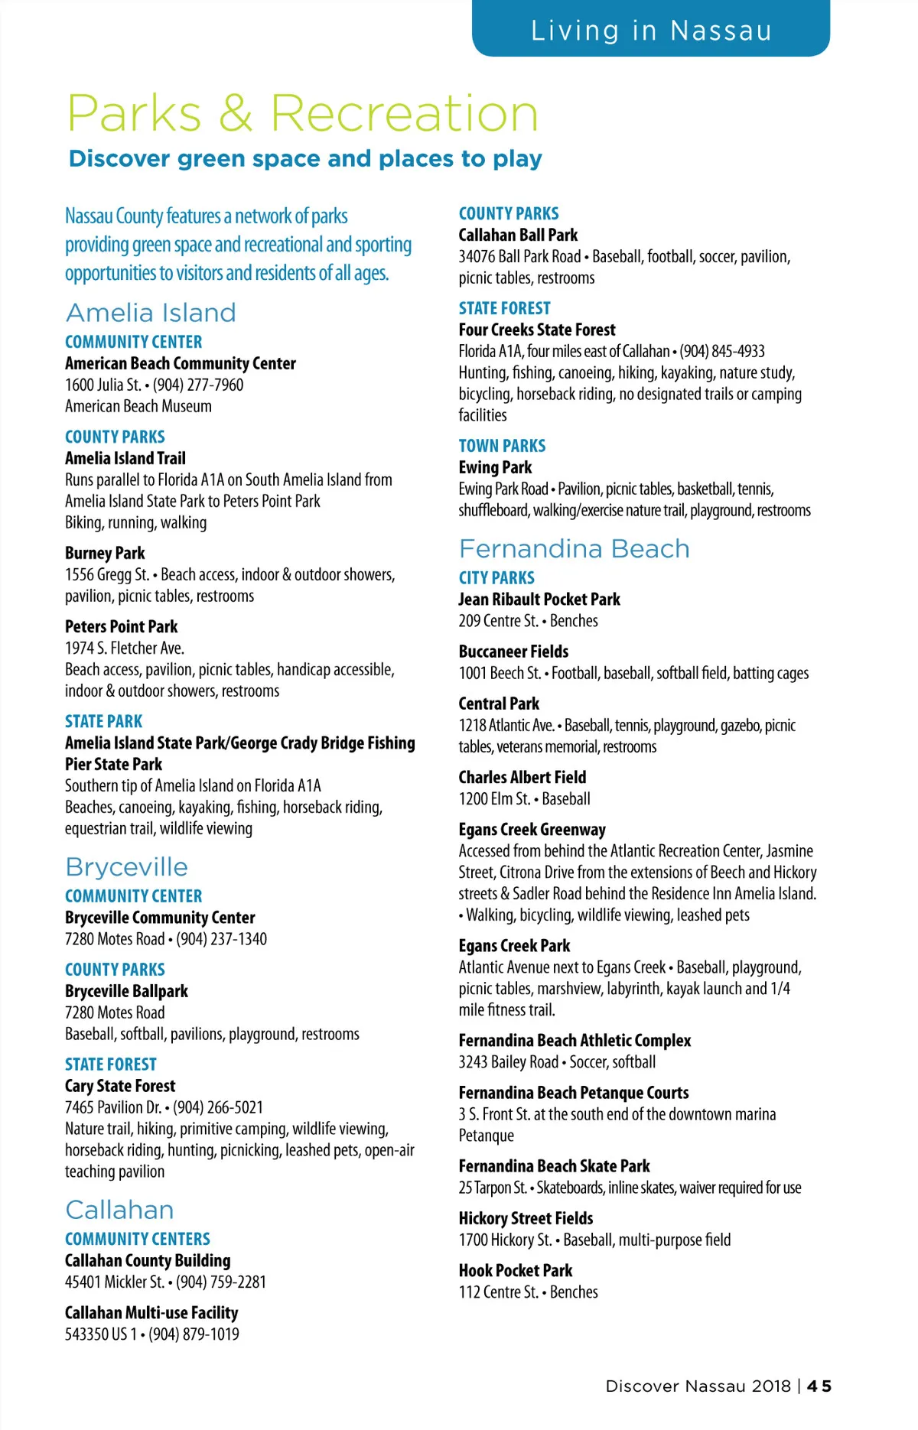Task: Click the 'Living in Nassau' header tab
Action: (x=651, y=31)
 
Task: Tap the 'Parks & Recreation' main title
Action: (x=303, y=114)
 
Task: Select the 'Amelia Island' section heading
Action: (x=151, y=313)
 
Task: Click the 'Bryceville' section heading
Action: (x=126, y=867)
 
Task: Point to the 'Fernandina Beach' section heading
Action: (x=574, y=549)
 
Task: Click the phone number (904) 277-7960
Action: (x=198, y=385)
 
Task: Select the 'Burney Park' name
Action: (x=105, y=553)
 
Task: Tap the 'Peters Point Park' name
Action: (x=121, y=626)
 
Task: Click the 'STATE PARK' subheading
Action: (x=103, y=721)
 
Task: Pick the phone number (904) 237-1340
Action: (x=221, y=939)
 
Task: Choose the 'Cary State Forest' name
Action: (x=120, y=1086)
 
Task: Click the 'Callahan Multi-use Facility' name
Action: (x=151, y=1313)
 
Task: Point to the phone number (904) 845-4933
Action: (x=722, y=351)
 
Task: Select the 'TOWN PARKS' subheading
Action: (x=502, y=446)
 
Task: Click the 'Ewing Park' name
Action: (x=495, y=467)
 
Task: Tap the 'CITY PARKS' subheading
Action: (x=496, y=578)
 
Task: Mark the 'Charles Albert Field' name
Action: (x=522, y=777)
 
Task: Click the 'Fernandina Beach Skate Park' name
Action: (x=554, y=1166)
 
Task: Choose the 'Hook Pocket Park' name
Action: (x=516, y=1271)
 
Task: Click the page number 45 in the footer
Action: (x=819, y=1386)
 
